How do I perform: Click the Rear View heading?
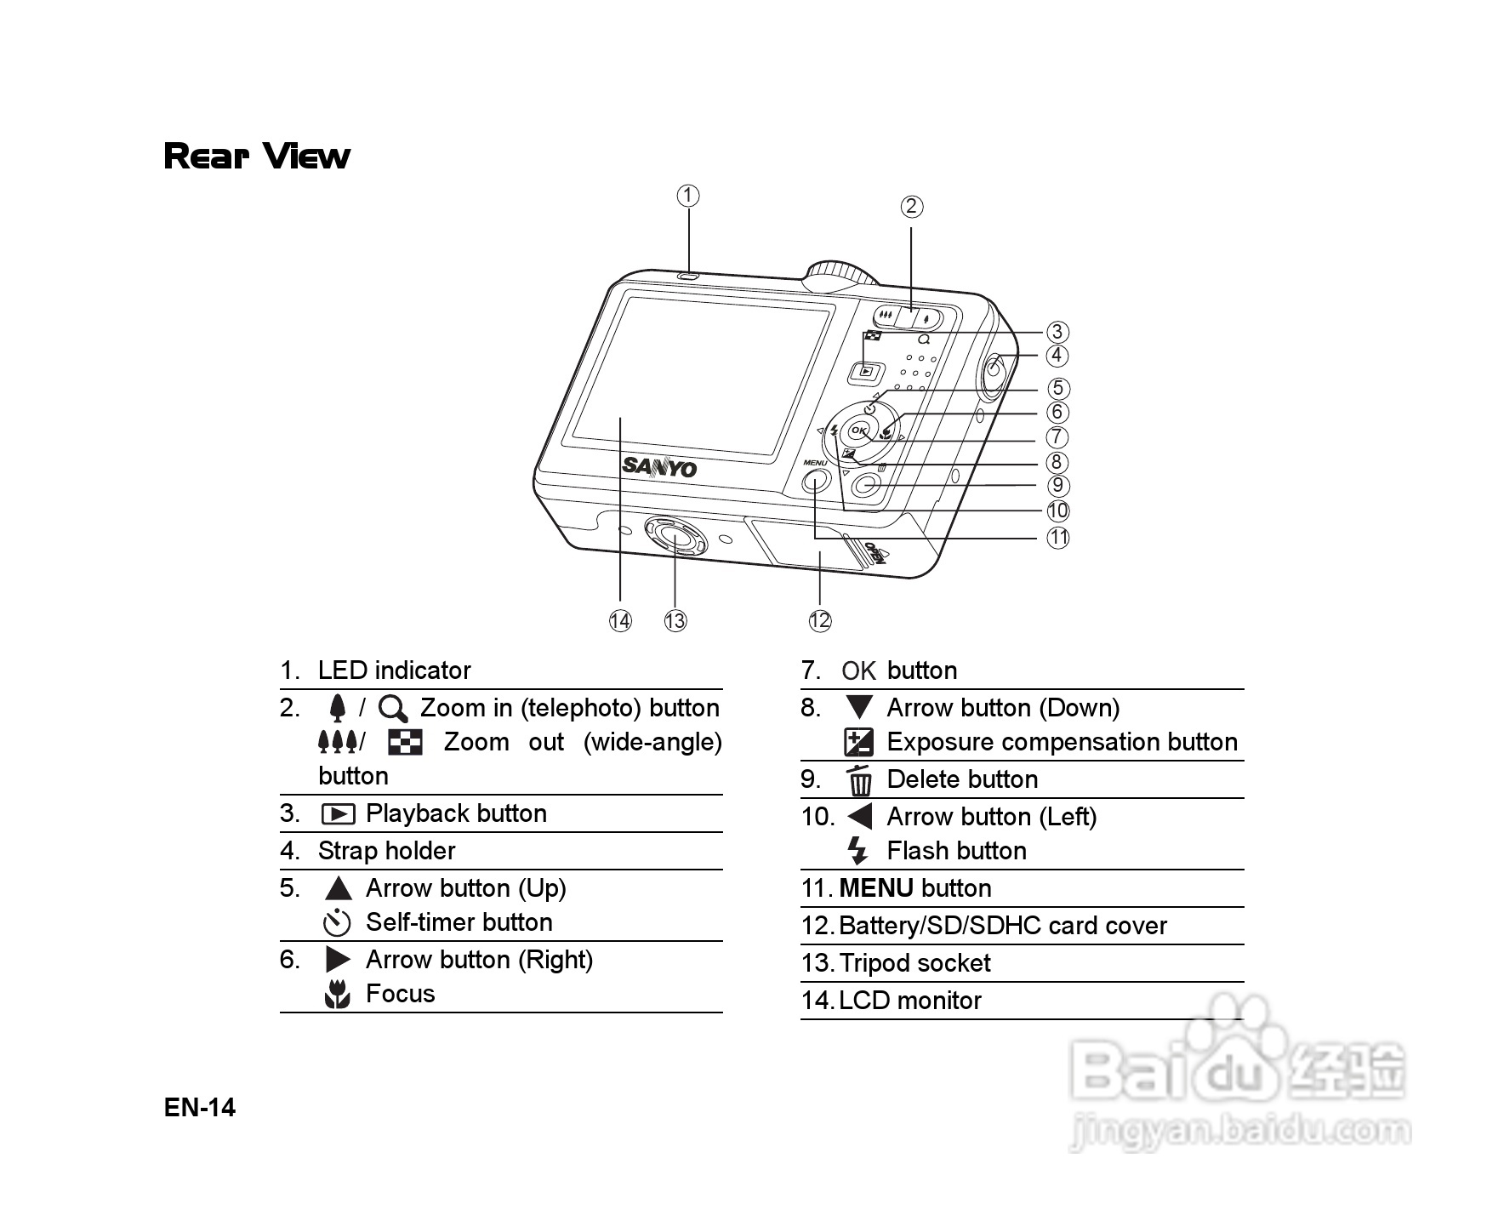[257, 157]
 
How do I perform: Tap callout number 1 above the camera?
[688, 197]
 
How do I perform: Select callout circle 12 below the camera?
[819, 620]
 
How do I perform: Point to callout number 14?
[620, 621]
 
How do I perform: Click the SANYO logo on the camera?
[659, 466]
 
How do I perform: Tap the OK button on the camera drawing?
[858, 431]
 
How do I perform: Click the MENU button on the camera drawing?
[815, 482]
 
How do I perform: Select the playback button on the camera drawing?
[866, 370]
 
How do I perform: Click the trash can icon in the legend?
[860, 779]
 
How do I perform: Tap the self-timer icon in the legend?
[338, 922]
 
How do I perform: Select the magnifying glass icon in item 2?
[393, 709]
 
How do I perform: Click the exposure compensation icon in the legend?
[858, 743]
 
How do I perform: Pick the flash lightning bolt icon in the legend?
[857, 851]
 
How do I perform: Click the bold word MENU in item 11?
[876, 888]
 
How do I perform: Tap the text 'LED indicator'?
[394, 670]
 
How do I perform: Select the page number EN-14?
[200, 1108]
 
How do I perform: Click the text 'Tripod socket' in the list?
[914, 963]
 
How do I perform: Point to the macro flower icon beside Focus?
[338, 994]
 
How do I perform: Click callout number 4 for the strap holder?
[1057, 356]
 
